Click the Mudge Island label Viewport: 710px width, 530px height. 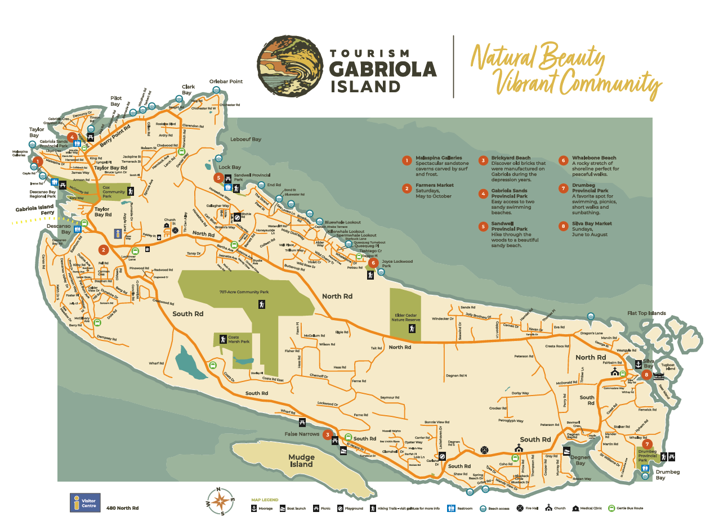(301, 461)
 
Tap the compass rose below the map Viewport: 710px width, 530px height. (220, 501)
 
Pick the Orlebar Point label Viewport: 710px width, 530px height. (226, 82)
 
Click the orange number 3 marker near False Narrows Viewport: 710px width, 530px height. (327, 434)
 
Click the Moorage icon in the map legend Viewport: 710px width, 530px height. (254, 508)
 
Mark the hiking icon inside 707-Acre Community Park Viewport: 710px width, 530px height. (262, 304)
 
